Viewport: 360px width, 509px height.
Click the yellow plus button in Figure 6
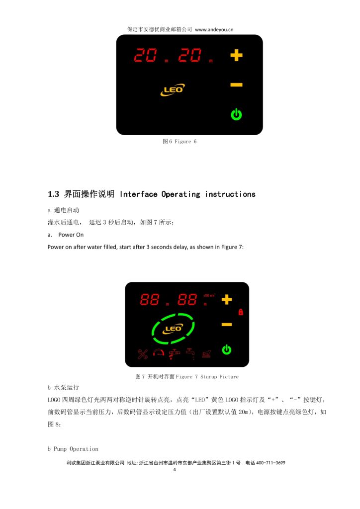tap(236, 55)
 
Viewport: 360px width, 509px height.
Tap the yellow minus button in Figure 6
tap(236, 85)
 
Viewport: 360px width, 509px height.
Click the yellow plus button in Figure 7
tap(226, 299)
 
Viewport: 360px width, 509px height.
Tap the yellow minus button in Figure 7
tap(226, 325)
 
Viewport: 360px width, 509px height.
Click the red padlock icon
tap(240, 312)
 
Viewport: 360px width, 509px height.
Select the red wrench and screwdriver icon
tap(143, 354)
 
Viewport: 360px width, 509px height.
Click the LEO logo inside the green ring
tap(173, 328)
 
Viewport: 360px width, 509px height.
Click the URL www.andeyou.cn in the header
tap(214, 29)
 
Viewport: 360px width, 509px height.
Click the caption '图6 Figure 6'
tap(180, 142)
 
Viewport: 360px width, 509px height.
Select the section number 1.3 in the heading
tap(53, 194)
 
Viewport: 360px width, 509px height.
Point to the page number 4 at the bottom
tap(174, 469)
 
